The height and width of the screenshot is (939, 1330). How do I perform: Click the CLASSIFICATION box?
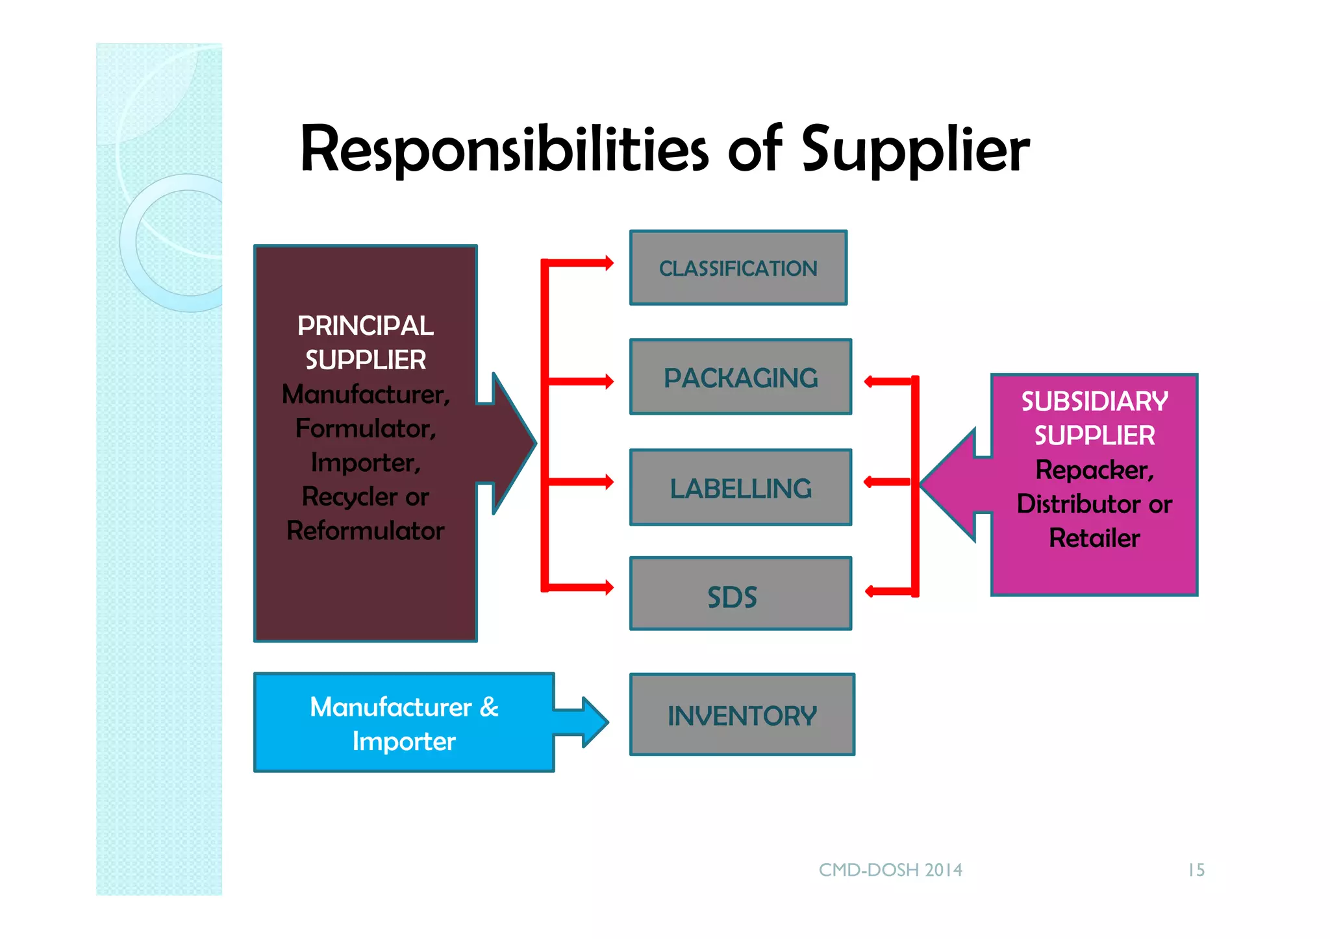click(738, 268)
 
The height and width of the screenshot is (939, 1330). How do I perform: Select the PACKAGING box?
click(740, 377)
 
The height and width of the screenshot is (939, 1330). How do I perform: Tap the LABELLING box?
click(740, 487)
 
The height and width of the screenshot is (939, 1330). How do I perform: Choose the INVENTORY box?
click(742, 714)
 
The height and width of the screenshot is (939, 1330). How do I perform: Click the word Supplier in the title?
click(915, 151)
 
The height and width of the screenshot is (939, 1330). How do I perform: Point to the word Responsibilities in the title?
click(504, 151)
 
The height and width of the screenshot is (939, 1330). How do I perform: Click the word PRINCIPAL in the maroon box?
click(365, 326)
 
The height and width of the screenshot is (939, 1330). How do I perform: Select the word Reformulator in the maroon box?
click(365, 531)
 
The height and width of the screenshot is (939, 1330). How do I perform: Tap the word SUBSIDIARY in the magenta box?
click(1094, 402)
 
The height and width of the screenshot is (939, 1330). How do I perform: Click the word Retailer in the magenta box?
click(1094, 538)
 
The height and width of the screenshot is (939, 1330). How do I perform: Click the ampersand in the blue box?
click(489, 707)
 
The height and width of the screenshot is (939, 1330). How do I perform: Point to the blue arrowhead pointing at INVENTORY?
click(594, 722)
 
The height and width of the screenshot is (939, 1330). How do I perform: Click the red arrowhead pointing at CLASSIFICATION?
click(609, 263)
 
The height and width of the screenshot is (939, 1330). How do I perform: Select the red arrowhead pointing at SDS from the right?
click(870, 591)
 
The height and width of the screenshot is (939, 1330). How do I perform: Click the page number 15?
click(1196, 870)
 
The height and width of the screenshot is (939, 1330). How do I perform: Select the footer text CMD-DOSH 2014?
click(890, 870)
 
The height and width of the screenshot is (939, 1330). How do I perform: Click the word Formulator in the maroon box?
click(365, 428)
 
